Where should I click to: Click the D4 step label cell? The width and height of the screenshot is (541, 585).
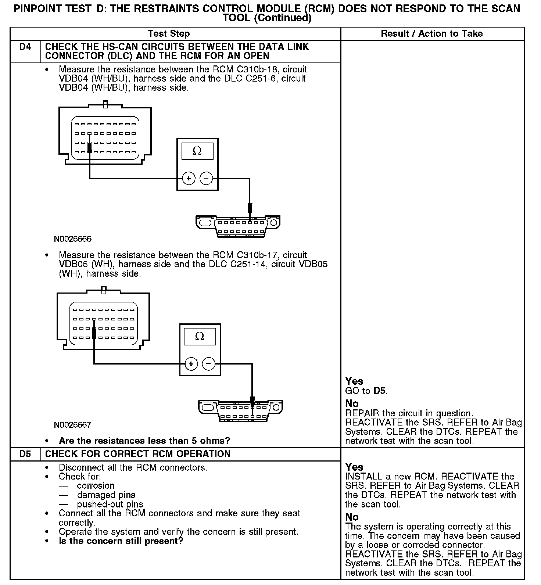pos(25,47)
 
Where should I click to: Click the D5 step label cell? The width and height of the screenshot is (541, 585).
pos(25,454)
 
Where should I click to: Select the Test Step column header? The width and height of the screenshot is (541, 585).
pos(169,34)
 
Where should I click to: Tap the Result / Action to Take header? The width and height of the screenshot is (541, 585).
pos(431,34)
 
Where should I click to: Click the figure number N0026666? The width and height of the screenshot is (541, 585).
pos(73,239)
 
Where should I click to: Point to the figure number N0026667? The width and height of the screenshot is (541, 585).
pos(73,425)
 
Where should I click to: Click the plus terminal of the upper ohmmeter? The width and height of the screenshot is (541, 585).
pos(189,179)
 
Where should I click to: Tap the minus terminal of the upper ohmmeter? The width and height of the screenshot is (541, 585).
pos(206,179)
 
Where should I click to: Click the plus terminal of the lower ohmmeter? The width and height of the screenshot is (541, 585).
pos(191,364)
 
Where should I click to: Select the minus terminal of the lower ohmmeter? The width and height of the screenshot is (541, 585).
pos(209,364)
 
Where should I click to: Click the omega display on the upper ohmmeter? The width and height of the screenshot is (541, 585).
pos(197,151)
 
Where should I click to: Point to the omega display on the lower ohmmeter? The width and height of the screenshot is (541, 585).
pos(200,336)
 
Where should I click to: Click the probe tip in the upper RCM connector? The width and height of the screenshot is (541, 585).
pos(89,148)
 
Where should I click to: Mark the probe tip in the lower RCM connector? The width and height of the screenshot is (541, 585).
pos(94,333)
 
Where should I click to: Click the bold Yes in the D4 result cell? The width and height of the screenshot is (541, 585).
pos(354,381)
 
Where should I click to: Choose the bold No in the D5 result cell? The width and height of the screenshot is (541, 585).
pos(352,517)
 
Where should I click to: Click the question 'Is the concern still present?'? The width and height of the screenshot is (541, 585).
pos(121,541)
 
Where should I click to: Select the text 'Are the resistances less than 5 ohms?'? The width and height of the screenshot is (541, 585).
pos(144,441)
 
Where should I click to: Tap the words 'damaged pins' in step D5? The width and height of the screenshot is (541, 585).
pos(106,495)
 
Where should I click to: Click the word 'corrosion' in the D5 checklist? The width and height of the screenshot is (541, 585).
pos(96,486)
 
